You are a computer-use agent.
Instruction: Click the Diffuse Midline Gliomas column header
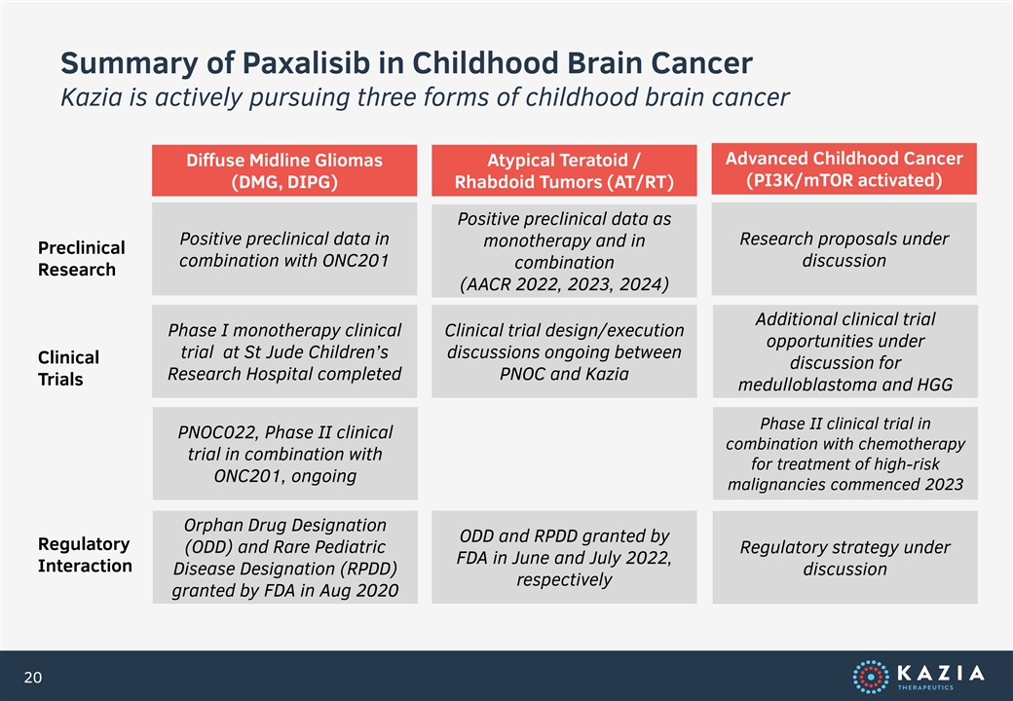[x=284, y=170]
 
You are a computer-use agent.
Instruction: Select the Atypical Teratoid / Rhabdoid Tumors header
[x=564, y=170]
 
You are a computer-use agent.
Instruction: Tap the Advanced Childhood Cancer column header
[x=844, y=169]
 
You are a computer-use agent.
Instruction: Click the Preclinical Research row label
[x=82, y=258]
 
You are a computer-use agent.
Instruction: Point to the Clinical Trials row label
[x=68, y=368]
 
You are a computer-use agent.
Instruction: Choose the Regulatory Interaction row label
[x=85, y=555]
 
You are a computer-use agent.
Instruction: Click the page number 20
[x=33, y=677]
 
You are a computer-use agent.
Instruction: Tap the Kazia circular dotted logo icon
[x=870, y=677]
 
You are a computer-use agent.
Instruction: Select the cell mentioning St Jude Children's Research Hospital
[x=284, y=351]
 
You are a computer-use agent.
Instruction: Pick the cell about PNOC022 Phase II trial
[x=284, y=453]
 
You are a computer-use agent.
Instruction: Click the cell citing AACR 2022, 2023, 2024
[x=564, y=251]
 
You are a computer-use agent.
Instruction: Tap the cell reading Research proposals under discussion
[x=844, y=249]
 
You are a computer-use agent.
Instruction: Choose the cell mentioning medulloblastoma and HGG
[x=845, y=351]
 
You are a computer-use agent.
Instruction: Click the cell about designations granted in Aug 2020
[x=284, y=557]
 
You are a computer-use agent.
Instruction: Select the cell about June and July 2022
[x=564, y=557]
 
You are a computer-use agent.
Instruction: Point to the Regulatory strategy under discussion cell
[x=845, y=557]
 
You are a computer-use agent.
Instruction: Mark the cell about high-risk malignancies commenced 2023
[x=845, y=453]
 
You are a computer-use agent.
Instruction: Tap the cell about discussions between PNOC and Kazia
[x=564, y=351]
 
